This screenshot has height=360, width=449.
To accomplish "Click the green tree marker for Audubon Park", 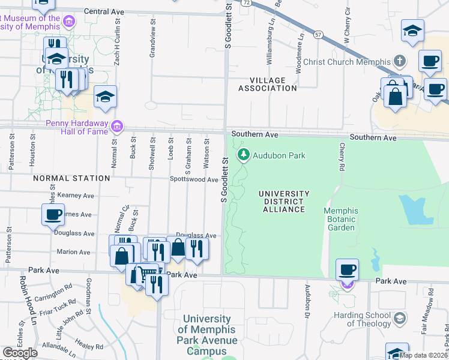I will [x=244, y=155].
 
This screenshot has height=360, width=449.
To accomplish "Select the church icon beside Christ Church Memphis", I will [x=399, y=61].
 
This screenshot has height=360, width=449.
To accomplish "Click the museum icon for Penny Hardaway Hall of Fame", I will [x=117, y=126].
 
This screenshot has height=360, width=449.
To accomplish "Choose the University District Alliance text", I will [x=284, y=202].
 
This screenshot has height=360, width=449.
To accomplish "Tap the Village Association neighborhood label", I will [x=267, y=84].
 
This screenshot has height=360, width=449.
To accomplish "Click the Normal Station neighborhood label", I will [x=71, y=178].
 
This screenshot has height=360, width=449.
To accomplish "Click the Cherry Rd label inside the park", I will [x=342, y=156].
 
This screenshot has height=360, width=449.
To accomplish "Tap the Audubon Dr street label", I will [x=306, y=299].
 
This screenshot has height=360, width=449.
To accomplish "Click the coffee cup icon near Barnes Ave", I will [x=53, y=214].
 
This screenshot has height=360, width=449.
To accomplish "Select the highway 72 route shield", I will [x=246, y=3].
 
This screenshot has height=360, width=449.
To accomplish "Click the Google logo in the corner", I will [x=20, y=353].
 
